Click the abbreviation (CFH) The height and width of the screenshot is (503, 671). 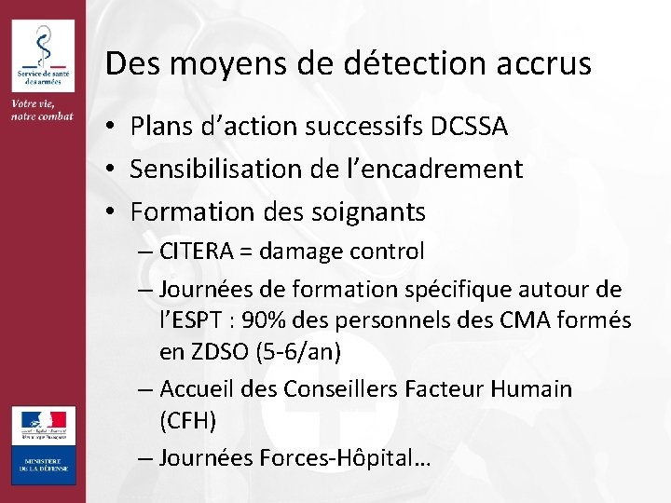(187, 421)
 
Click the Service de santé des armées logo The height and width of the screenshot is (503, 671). (42, 53)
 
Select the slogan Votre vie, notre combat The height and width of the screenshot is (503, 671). (42, 108)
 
